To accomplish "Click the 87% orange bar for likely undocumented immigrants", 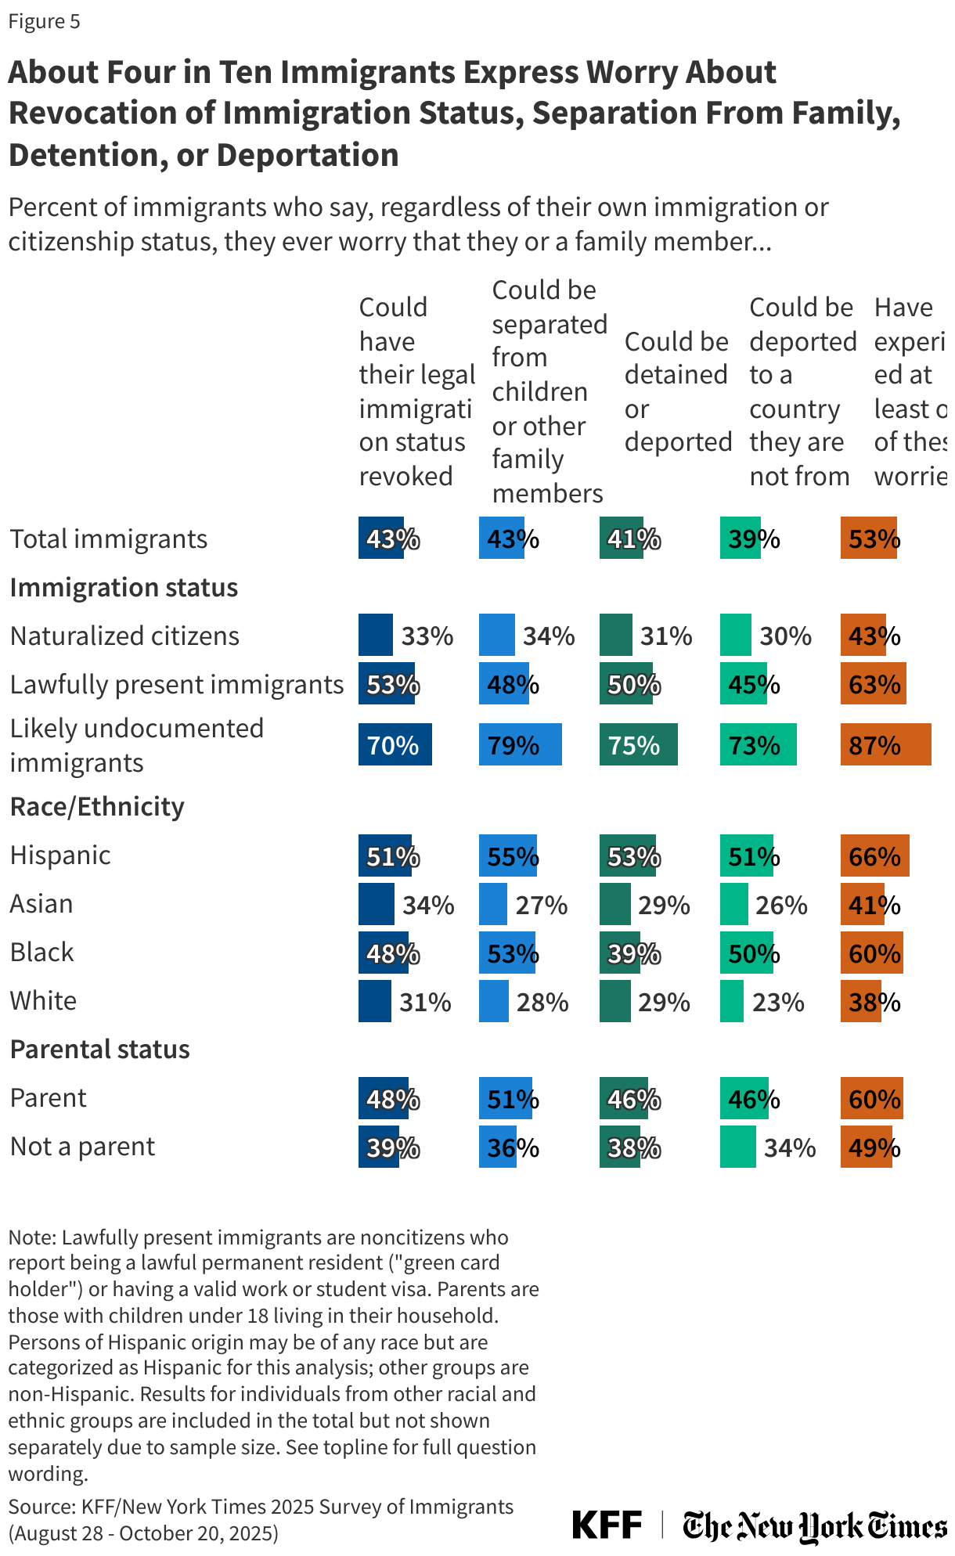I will click(x=885, y=744).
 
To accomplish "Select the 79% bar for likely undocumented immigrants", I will click(x=520, y=744).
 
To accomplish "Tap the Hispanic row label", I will click(x=60, y=855).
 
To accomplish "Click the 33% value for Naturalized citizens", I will click(x=427, y=636).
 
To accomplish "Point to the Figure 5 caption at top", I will click(x=44, y=21).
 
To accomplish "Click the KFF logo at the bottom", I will click(x=607, y=1525).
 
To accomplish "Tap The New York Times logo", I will click(x=814, y=1525).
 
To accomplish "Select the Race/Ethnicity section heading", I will click(x=97, y=806).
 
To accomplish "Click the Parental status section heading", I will click(x=99, y=1049).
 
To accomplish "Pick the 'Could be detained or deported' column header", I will click(x=677, y=391).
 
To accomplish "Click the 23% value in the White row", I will click(x=778, y=1002).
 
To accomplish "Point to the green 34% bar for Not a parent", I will click(x=737, y=1147).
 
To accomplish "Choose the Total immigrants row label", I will click(x=109, y=538).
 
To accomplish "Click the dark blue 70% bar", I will click(x=395, y=744).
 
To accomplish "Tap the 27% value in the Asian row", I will click(x=541, y=905).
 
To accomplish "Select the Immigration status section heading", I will click(x=124, y=587).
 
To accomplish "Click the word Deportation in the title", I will click(x=308, y=155).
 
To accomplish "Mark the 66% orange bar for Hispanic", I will click(x=874, y=855).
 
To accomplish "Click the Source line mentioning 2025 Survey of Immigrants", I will click(x=261, y=1507).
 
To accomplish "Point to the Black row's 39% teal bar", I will click(x=620, y=953).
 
